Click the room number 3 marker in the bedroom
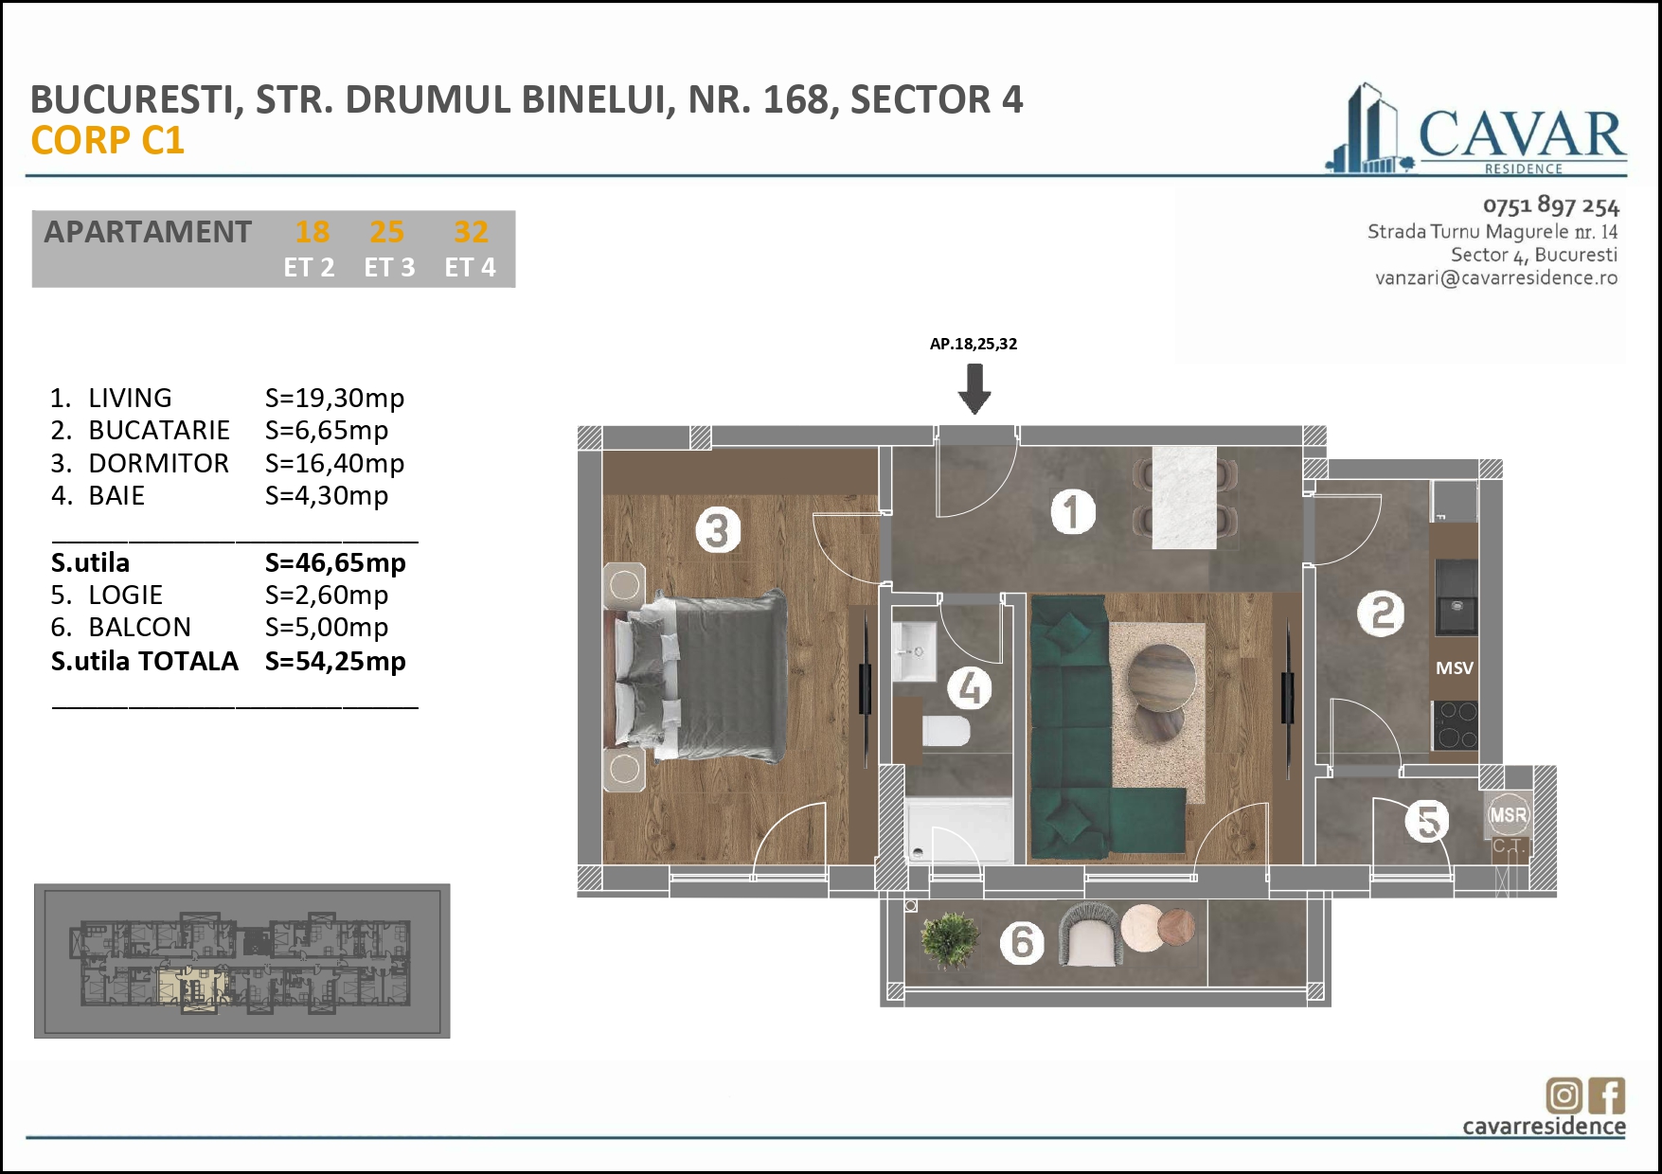[718, 530]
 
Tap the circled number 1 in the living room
[1073, 512]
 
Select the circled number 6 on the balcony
[1022, 942]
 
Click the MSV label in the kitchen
[1454, 668]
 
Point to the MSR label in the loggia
[1508, 815]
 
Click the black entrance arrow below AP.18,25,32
[974, 389]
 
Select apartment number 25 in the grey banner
[386, 232]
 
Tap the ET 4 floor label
[470, 268]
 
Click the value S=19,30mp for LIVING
[334, 398]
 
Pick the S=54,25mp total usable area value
[335, 661]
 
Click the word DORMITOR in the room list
[158, 463]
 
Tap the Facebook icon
[1607, 1095]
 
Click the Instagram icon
[1564, 1095]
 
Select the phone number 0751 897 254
[1550, 205]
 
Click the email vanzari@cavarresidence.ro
[1495, 278]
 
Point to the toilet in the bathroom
[946, 731]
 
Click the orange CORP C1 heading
[107, 141]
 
